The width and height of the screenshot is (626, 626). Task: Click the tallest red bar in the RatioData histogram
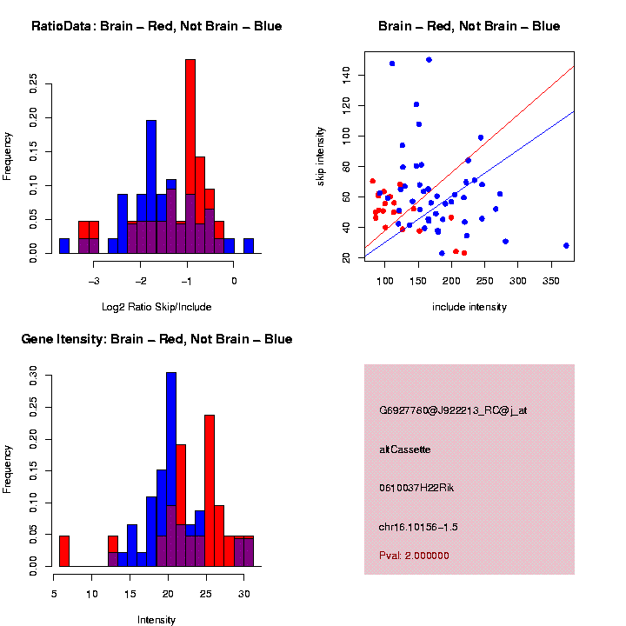(x=190, y=156)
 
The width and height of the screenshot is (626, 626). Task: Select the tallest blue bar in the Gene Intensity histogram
(x=171, y=469)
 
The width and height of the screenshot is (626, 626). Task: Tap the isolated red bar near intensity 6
(x=64, y=551)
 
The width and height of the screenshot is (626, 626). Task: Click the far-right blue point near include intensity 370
(x=566, y=245)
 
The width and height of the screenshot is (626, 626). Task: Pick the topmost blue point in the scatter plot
(x=429, y=60)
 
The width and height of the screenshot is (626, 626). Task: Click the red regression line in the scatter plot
(x=469, y=156)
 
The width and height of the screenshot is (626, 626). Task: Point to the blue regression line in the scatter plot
(x=469, y=184)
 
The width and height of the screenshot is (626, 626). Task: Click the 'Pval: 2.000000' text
(x=414, y=556)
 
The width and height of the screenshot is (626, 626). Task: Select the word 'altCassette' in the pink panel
(x=405, y=450)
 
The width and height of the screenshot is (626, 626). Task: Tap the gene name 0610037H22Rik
(x=416, y=488)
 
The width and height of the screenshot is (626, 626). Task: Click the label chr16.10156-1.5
(x=418, y=527)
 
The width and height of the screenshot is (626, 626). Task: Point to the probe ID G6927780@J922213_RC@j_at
(x=453, y=410)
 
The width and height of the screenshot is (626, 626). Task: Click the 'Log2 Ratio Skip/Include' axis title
(x=156, y=307)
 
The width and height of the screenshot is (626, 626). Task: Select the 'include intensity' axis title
(x=469, y=307)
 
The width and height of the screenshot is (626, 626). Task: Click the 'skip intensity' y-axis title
(x=320, y=156)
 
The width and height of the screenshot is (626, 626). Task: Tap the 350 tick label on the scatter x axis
(x=551, y=281)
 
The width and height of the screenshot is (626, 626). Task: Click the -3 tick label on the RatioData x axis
(x=94, y=281)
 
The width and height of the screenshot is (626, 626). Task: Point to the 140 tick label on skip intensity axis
(x=346, y=75)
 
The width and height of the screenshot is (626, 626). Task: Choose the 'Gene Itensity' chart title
(x=63, y=339)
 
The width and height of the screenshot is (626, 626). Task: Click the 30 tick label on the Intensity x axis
(x=244, y=594)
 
